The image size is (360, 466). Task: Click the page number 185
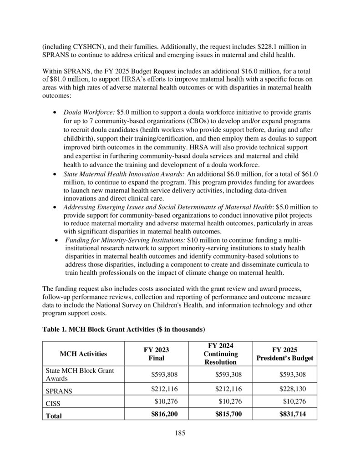pos(180,433)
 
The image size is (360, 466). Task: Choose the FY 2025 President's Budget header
pos(285,354)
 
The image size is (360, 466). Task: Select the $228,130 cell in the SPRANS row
pos(293,389)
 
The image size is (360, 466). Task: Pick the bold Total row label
pos(53,415)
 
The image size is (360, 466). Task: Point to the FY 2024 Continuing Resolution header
pos(220,354)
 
